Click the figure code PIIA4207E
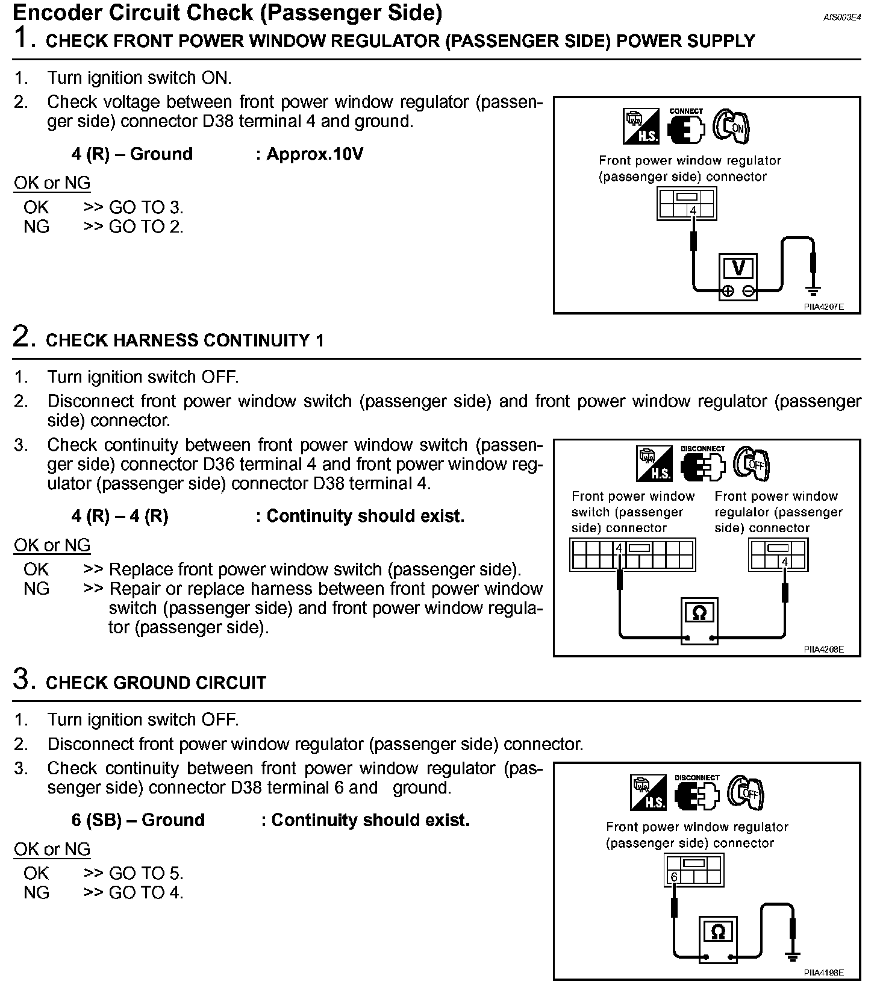(x=823, y=307)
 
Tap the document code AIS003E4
(x=842, y=17)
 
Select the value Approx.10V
(x=314, y=154)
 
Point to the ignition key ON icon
(x=731, y=126)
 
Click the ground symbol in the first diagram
(x=813, y=292)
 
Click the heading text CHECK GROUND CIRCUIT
(x=156, y=683)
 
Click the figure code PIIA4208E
(x=823, y=650)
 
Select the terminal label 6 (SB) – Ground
(x=138, y=820)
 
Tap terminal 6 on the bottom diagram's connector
(x=674, y=877)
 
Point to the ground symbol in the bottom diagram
(x=793, y=956)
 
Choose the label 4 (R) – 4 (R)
(x=120, y=516)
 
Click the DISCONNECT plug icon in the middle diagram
(x=702, y=464)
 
